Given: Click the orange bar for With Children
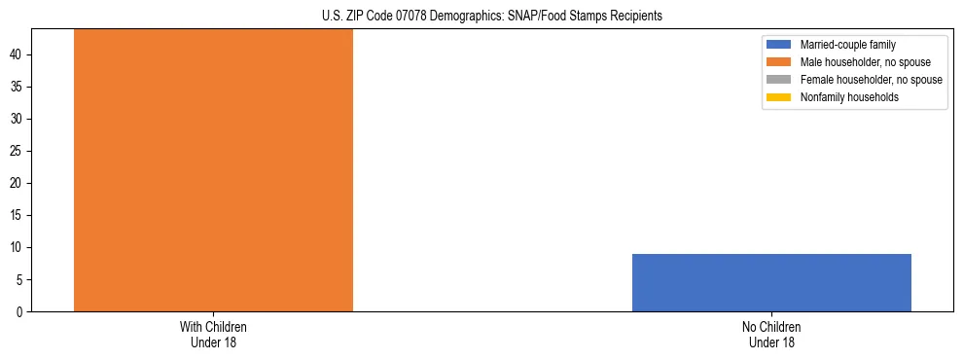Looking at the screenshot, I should pos(213,170).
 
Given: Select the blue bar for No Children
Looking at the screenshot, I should pos(771,282).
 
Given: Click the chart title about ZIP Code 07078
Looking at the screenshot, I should pos(491,17).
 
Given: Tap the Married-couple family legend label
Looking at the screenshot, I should pos(847,45).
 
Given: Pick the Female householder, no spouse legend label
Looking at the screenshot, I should pos(871,80).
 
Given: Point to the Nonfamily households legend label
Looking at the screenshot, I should pos(849,97).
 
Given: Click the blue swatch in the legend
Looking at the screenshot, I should pos(779,45).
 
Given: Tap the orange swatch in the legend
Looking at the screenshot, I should pos(779,62).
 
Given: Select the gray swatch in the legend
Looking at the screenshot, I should pos(779,80).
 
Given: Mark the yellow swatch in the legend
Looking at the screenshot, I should pos(779,97).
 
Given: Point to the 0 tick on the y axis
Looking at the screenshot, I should pos(21,312).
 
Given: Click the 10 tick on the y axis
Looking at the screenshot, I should pos(18,248).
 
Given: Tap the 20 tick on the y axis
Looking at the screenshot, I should pos(18,184).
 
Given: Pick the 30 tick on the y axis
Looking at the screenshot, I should pos(18,120).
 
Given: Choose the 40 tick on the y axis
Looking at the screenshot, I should pos(18,55).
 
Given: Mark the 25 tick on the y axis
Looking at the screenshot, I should pos(18,152).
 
